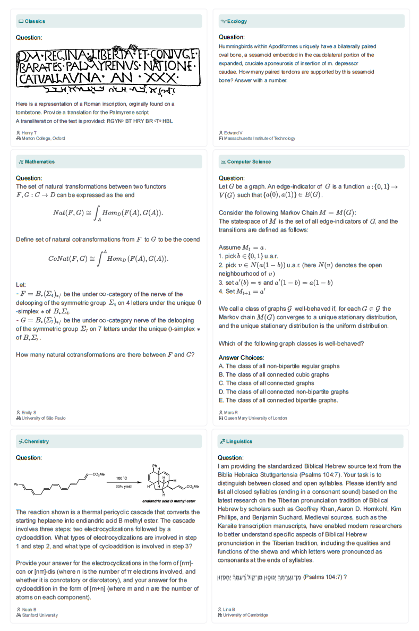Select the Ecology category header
[237, 21]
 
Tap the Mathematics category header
[39, 161]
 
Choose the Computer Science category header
[249, 161]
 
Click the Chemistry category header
[37, 441]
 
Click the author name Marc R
[231, 412]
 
